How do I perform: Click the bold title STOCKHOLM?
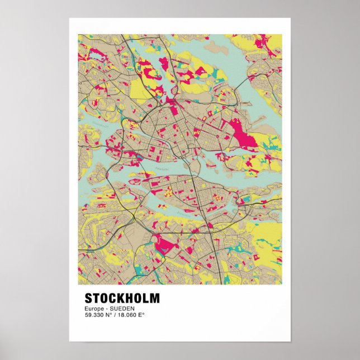[x=122, y=298]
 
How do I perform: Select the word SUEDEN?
[x=123, y=309]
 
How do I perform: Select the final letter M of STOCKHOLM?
[x=154, y=298]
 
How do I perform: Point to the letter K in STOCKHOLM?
[x=123, y=298]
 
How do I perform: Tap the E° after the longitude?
[x=142, y=315]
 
